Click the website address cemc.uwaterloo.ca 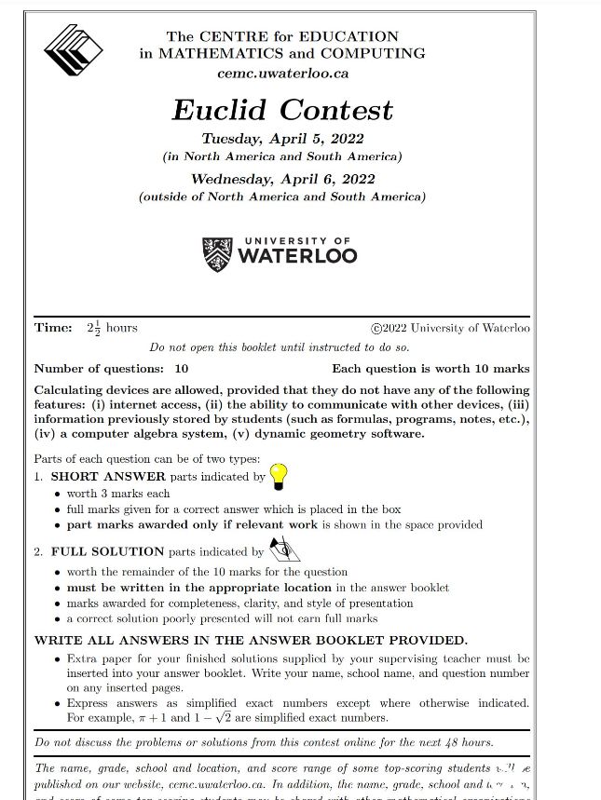282,73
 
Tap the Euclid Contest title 282,110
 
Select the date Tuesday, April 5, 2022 282,140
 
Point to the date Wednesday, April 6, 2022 282,179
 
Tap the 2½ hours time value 112,328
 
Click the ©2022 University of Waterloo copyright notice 450,328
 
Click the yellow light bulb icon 279,476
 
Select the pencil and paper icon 282,549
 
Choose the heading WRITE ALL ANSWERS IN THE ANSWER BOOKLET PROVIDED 251,641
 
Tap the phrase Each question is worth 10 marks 430,369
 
